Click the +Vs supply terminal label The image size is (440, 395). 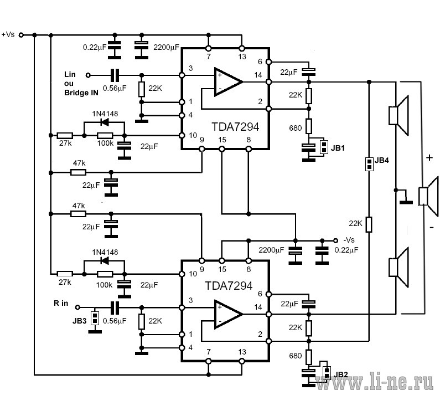point(8,34)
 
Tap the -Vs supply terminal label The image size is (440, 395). point(349,240)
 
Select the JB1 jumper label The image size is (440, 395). point(338,148)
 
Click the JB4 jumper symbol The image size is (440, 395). point(369,164)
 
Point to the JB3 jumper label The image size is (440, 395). point(79,321)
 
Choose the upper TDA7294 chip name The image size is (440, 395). point(235,127)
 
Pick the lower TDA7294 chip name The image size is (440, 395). point(229,286)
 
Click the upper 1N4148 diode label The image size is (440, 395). point(105,114)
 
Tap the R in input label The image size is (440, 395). point(61,303)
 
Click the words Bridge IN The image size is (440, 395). point(81,93)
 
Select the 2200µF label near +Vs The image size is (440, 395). point(166,47)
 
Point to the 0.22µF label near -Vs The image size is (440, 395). point(346,250)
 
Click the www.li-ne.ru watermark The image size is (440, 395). point(374,382)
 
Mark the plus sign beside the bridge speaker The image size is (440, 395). point(429,157)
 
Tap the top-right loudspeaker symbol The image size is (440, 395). point(398,115)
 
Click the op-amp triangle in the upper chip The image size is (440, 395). point(229,82)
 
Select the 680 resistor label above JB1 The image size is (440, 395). point(295,128)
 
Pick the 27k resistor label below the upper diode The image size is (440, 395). point(65,143)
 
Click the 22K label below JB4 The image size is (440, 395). point(355,223)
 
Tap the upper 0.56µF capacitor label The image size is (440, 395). point(115,88)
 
